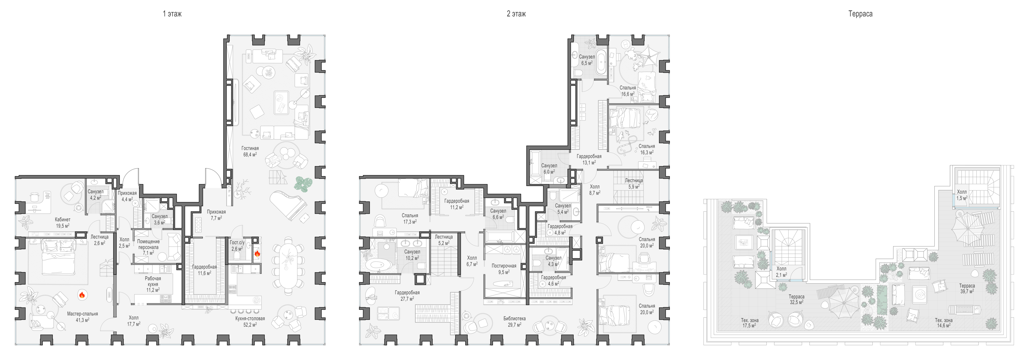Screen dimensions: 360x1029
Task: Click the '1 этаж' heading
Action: (172, 14)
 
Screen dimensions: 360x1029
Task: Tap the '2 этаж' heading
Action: (516, 14)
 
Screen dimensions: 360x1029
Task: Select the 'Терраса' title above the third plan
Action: (861, 14)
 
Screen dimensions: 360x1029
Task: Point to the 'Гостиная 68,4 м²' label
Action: (250, 151)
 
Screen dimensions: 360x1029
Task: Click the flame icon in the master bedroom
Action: (82, 295)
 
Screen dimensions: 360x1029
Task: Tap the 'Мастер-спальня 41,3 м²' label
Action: (82, 317)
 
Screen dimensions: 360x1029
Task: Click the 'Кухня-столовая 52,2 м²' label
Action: (250, 321)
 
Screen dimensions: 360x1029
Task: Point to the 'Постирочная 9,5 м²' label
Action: (504, 268)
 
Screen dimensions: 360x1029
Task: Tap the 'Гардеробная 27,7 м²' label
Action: (407, 295)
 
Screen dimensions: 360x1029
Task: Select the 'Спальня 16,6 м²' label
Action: (627, 91)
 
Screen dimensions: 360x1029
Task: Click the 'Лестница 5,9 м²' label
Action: (634, 183)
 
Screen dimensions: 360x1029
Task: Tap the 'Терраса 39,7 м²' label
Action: (967, 288)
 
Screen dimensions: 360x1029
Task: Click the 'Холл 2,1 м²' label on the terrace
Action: (781, 272)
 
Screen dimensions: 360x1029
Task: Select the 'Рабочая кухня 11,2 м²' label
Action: (153, 284)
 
